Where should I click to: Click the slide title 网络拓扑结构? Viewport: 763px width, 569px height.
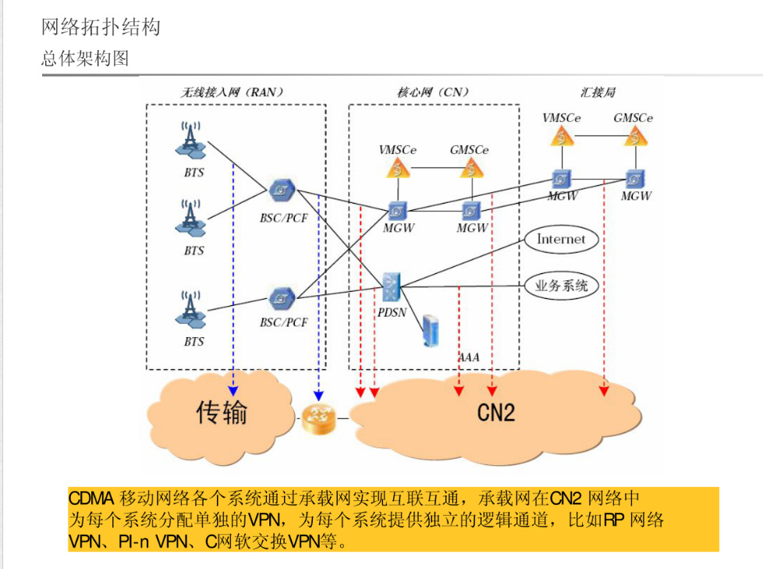[x=101, y=27]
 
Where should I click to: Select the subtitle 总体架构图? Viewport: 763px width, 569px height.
[x=85, y=59]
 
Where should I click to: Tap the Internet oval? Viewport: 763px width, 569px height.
[x=561, y=240]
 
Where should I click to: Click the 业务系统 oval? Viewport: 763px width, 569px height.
[x=561, y=286]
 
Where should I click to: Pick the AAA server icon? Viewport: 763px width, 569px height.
[x=430, y=330]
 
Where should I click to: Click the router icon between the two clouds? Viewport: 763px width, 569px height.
[x=317, y=419]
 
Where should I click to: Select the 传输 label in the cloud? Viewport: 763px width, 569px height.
[x=222, y=411]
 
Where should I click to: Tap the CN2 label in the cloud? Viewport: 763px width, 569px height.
[x=496, y=411]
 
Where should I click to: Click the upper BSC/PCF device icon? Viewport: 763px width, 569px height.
[x=281, y=190]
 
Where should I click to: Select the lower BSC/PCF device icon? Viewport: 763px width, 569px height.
[x=281, y=297]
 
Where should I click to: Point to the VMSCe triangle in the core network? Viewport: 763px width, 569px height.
[x=398, y=168]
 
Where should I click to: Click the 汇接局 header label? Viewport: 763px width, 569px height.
[x=598, y=91]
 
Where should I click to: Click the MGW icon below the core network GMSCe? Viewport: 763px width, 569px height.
[x=470, y=210]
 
